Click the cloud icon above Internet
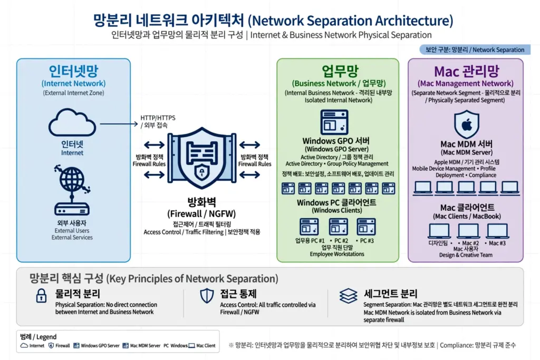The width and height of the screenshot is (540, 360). click(72, 122)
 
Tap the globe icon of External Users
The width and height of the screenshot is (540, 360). click(72, 179)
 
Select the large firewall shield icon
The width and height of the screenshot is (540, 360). click(202, 158)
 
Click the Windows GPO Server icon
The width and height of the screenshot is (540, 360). click(334, 122)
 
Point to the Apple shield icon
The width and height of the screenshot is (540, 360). click(467, 124)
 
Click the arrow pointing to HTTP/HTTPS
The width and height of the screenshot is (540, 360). click(119, 124)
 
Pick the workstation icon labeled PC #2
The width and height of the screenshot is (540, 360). click(338, 227)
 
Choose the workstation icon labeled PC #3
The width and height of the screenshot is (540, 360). click(366, 227)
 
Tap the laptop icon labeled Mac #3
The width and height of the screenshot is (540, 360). click(497, 231)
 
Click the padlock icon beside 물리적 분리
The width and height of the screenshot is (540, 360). click(41, 296)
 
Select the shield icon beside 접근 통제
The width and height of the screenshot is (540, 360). click(207, 296)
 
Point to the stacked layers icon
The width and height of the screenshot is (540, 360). click(348, 296)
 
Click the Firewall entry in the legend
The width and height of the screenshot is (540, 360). click(59, 346)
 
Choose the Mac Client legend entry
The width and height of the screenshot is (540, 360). click(202, 346)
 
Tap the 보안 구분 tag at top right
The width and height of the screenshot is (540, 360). click(475, 50)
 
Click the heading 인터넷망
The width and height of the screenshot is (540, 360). click(73, 71)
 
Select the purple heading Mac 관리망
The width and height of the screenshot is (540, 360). click(466, 71)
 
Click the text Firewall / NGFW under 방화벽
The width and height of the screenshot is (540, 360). click(201, 213)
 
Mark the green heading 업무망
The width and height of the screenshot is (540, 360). click(340, 71)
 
